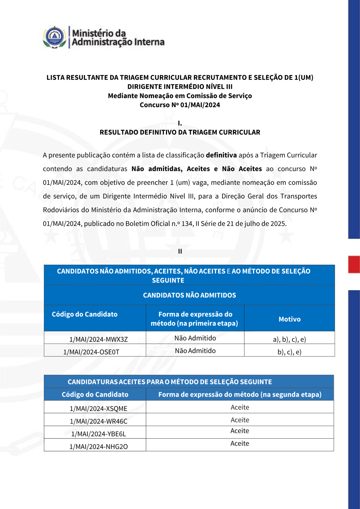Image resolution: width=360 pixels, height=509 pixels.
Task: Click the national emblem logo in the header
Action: (x=54, y=37)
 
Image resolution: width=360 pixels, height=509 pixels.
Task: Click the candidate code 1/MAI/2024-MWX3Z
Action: (x=98, y=339)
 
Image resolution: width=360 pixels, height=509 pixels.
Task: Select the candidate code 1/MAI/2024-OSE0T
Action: (x=91, y=352)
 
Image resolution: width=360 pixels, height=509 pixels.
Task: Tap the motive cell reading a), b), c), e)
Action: (x=289, y=339)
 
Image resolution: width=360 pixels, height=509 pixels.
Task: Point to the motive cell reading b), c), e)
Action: (x=289, y=352)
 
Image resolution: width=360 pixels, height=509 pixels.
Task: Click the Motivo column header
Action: (x=289, y=319)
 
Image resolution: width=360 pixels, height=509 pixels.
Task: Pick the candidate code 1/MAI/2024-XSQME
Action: (x=98, y=408)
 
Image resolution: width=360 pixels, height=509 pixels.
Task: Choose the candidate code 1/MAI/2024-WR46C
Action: (x=98, y=421)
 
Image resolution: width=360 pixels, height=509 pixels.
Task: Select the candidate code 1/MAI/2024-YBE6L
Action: (x=98, y=434)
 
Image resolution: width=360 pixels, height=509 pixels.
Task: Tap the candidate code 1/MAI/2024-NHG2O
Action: (x=98, y=446)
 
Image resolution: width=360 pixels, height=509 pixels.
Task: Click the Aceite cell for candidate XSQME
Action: (x=240, y=407)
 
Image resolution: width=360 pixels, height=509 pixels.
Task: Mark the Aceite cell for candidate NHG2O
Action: (x=240, y=443)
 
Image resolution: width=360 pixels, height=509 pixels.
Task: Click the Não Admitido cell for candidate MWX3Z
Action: (x=195, y=338)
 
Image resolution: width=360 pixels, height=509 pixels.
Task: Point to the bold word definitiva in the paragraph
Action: (x=221, y=155)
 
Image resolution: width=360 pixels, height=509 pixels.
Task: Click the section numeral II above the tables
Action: (x=180, y=251)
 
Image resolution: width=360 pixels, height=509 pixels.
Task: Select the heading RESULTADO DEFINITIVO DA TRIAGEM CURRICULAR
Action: (x=180, y=132)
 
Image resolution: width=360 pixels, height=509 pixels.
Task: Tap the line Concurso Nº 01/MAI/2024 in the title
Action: (x=180, y=105)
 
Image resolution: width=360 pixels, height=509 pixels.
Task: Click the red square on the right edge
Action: (x=354, y=264)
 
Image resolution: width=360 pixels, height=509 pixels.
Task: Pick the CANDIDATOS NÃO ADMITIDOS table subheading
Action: (x=189, y=295)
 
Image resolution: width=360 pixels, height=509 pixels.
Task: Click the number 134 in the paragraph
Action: (x=187, y=224)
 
